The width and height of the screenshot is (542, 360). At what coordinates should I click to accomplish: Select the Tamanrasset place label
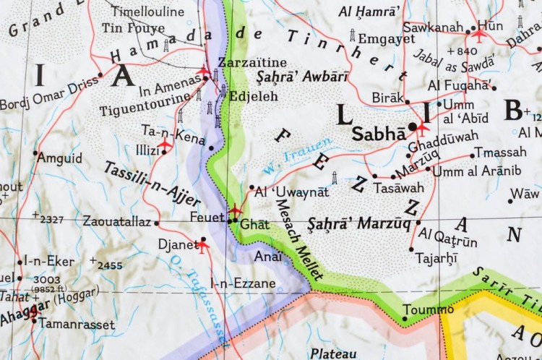[76, 325]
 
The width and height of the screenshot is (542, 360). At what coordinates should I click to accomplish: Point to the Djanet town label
[178, 244]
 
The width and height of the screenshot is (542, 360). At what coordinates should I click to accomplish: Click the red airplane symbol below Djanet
[203, 246]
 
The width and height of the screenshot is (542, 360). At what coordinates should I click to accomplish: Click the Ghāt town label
[254, 224]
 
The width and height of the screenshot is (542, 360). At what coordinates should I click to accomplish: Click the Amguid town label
[60, 158]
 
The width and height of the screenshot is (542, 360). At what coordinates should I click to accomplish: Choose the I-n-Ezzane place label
[242, 283]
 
